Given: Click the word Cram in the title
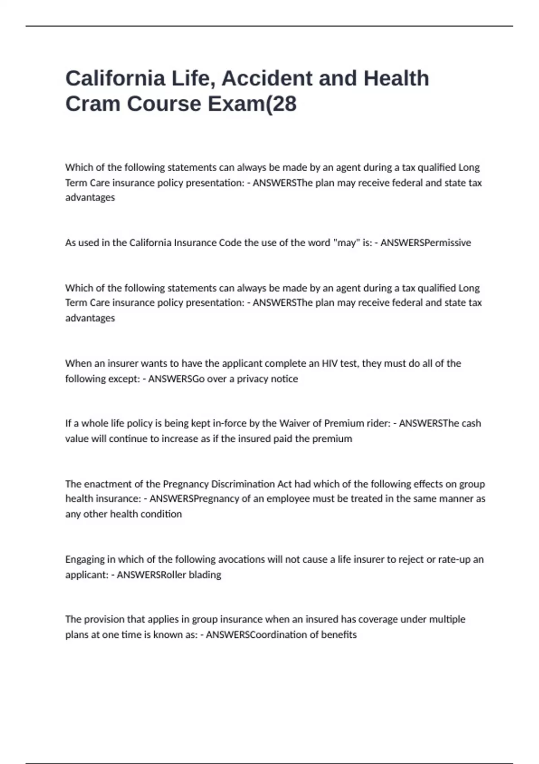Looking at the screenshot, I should pos(92,104).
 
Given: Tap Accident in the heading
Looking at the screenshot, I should pos(266,78).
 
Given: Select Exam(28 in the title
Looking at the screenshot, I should pos(252,104).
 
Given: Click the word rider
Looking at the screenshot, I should pos(378,423).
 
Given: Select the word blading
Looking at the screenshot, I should pos(204,575).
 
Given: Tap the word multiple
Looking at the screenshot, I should pos(447,619).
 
